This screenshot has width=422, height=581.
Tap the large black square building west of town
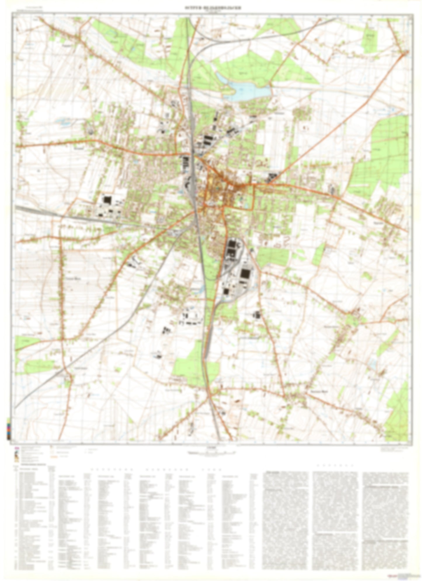tap(107, 200)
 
